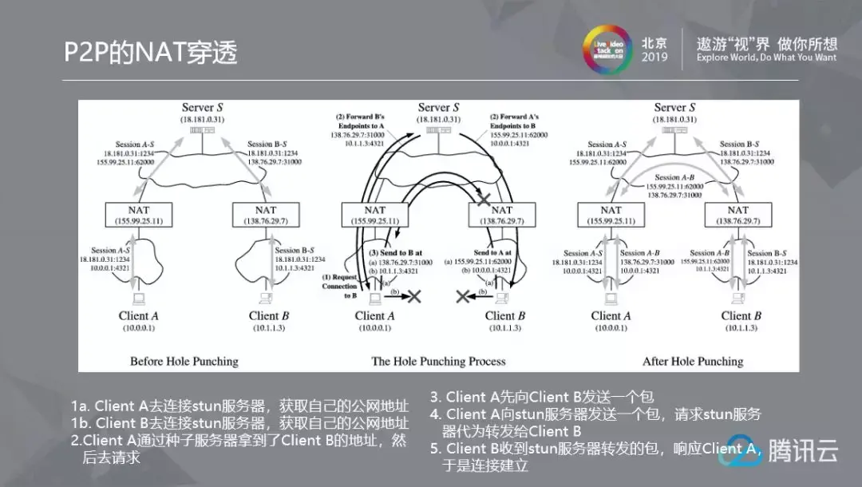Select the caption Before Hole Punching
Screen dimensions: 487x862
click(x=184, y=361)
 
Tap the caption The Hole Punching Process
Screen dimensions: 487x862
click(x=438, y=361)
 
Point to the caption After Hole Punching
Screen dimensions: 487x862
click(x=693, y=361)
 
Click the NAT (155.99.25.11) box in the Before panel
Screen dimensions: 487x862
click(x=138, y=214)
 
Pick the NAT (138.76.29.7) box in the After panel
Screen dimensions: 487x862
click(x=737, y=214)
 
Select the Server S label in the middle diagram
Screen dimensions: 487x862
click(x=438, y=107)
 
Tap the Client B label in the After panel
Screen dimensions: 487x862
click(x=741, y=315)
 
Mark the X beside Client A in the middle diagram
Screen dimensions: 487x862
click(x=414, y=297)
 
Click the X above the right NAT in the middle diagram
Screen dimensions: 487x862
click(x=482, y=196)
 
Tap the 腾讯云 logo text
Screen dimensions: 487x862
click(x=803, y=451)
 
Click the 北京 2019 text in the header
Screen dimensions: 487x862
click(x=654, y=50)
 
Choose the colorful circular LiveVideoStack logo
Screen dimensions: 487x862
click(x=604, y=50)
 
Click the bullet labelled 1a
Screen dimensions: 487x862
click(x=239, y=406)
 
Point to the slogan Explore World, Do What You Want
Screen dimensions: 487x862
click(x=766, y=58)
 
